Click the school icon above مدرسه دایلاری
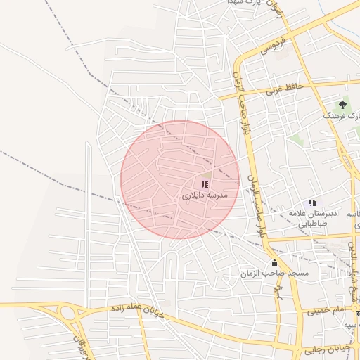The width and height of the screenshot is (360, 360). (x=205, y=184)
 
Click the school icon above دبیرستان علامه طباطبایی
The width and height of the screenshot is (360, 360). (x=312, y=202)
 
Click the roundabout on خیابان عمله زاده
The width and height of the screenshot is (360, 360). (x=68, y=313)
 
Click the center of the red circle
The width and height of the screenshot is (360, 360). (x=180, y=179)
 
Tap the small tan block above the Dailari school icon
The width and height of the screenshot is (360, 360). (x=206, y=173)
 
